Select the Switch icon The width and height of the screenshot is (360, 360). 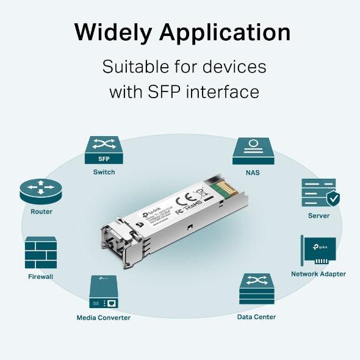104,150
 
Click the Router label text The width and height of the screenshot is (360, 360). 41,212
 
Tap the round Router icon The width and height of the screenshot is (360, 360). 41,192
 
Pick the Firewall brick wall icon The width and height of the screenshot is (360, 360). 41,253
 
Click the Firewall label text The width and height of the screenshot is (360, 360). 41,276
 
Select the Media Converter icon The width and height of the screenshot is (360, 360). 103,292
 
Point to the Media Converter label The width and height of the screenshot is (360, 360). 103,317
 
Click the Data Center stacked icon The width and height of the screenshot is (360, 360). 256,289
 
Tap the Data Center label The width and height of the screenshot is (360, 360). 256,317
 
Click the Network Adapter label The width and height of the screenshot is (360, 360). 318,274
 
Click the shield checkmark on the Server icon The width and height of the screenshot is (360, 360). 332,198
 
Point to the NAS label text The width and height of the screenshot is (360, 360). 253,173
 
